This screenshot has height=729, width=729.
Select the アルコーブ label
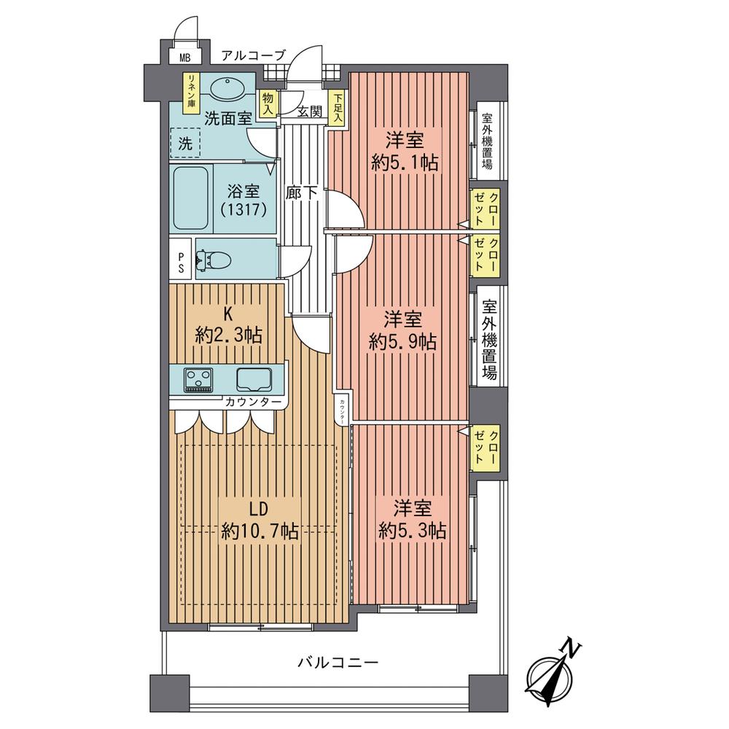coord(253,54)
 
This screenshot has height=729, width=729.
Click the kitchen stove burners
coord(197,379)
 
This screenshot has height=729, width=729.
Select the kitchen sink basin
coord(253,379)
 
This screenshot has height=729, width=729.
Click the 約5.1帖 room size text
coord(405,162)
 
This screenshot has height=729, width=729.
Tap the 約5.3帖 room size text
coord(412,530)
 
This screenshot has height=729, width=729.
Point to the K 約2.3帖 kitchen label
coord(227,326)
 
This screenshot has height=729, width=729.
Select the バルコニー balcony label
coord(338,663)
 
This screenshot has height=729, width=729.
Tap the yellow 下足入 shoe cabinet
coord(338,109)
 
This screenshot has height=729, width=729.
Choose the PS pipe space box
coord(182,260)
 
